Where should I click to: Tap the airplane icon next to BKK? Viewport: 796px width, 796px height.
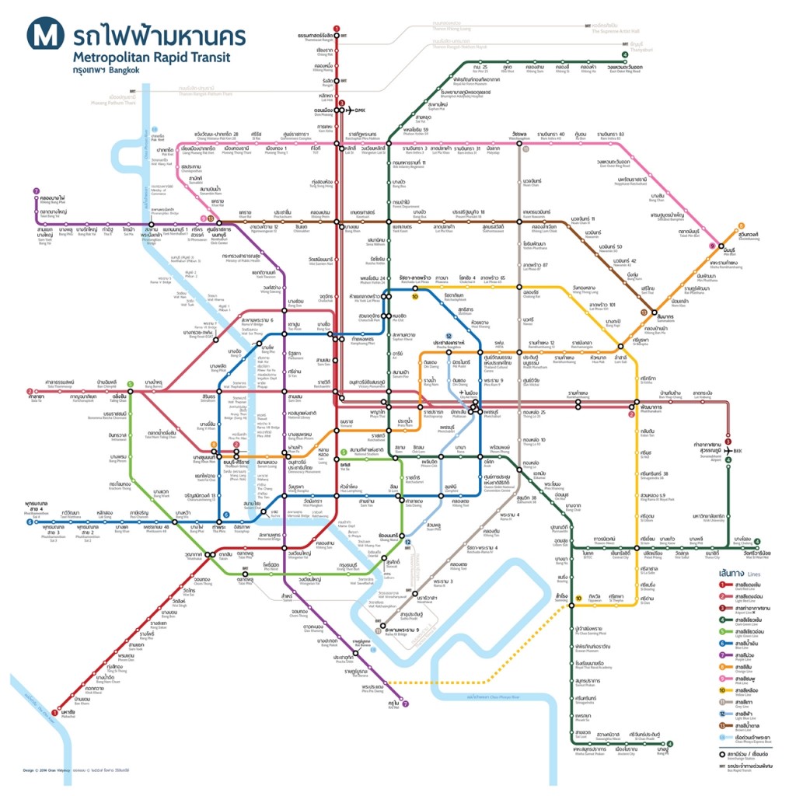727,450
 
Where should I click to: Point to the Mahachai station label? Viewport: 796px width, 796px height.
68,712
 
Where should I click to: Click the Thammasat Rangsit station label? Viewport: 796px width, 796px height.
316,37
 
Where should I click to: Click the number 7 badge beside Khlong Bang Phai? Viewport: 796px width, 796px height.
35,191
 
